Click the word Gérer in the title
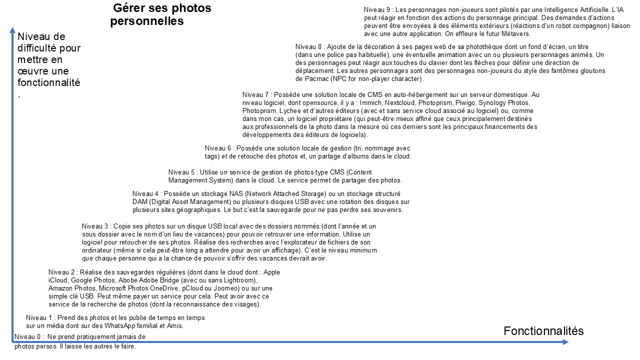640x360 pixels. [129, 8]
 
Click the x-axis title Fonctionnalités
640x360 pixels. [543, 331]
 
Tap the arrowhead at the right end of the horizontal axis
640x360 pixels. [565, 342]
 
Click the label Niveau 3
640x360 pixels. [95, 226]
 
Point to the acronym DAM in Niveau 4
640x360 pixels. [140, 201]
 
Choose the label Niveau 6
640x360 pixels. [218, 148]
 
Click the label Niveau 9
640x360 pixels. [377, 10]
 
